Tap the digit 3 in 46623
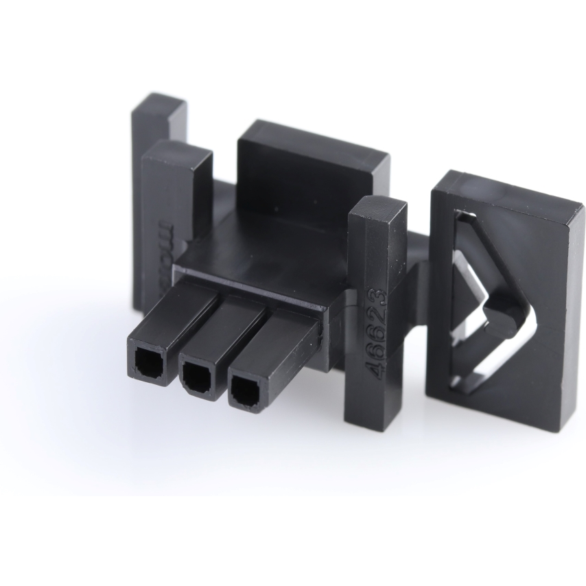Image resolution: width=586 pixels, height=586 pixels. coord(379,297)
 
